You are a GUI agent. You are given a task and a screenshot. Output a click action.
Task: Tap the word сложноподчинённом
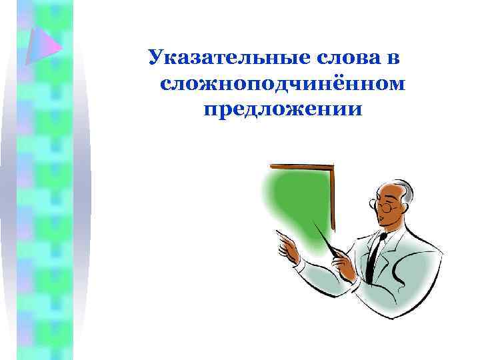[283, 83]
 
